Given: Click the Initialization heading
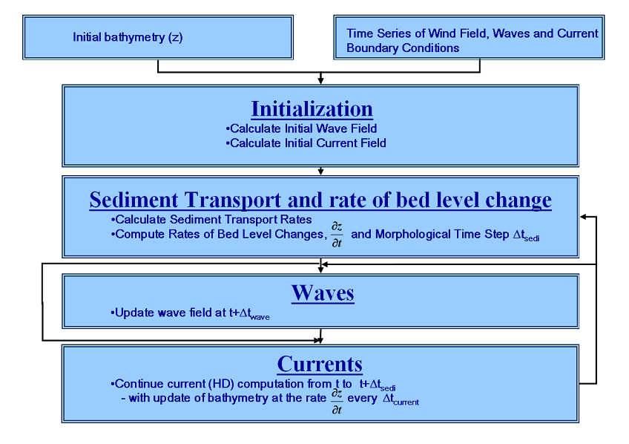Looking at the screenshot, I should click(312, 109).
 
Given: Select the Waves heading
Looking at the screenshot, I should click(323, 293).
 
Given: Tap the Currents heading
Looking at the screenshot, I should click(320, 364).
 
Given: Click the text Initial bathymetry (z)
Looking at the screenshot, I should click(128, 36).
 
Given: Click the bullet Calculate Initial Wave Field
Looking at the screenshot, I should click(301, 128).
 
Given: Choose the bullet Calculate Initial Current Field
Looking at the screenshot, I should click(306, 143).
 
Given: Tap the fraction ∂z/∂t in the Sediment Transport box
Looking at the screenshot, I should click(336, 235).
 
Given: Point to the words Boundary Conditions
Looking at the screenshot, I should click(403, 48).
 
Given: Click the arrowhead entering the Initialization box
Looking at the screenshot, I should click(320, 81).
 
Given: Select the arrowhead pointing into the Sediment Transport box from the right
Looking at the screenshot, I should click(584, 216).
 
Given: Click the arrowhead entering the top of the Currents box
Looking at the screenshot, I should click(320, 341).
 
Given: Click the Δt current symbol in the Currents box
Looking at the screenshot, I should click(401, 400).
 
